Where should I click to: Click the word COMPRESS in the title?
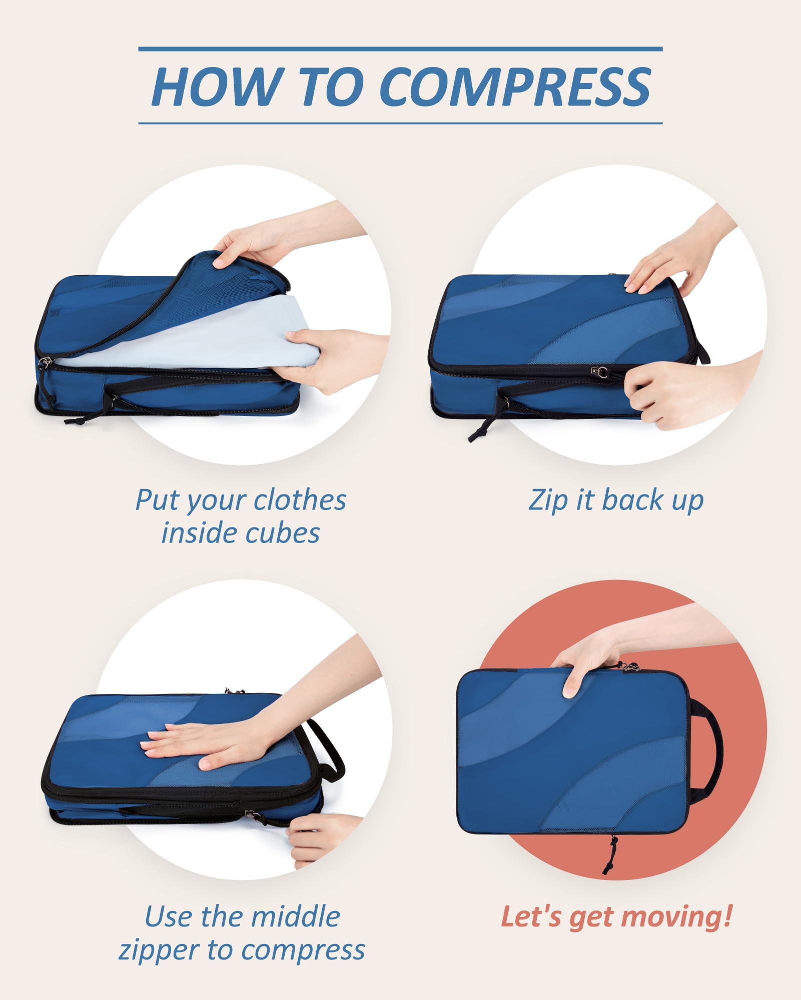(x=515, y=86)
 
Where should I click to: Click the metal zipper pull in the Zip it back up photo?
(x=600, y=371)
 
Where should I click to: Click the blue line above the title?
(x=400, y=49)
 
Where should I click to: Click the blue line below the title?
(x=400, y=123)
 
